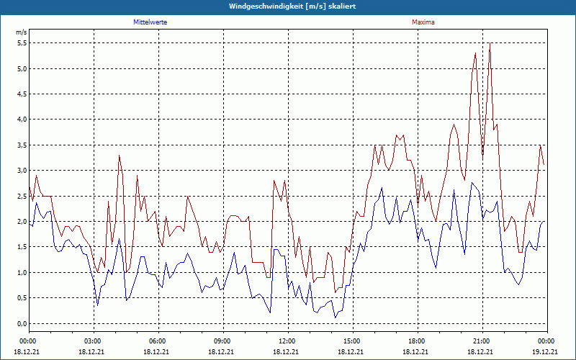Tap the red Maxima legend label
(x=423, y=22)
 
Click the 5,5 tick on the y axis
(x=22, y=43)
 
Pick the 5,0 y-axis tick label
(x=22, y=69)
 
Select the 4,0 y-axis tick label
(x=22, y=120)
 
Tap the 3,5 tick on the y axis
(x=22, y=145)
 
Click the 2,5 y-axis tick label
(x=22, y=196)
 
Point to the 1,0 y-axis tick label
(x=22, y=272)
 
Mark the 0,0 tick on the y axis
(x=22, y=323)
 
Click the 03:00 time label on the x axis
(x=94, y=341)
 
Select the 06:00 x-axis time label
(x=158, y=341)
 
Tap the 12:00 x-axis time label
(x=287, y=341)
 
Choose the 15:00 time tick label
(x=352, y=341)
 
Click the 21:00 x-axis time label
(x=481, y=341)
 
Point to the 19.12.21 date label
(x=546, y=351)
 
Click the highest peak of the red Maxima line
(x=490, y=43)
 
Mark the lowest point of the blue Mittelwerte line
(x=335, y=318)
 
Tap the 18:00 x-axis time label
(x=416, y=341)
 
